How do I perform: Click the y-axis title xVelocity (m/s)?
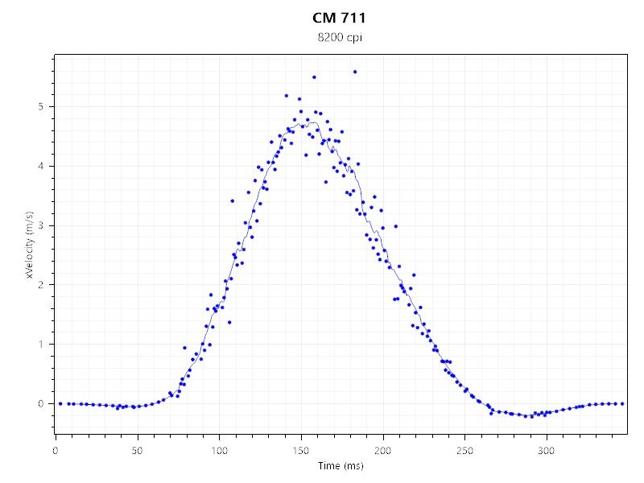click(30, 245)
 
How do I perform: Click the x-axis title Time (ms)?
click(339, 466)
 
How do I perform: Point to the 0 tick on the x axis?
click(55, 449)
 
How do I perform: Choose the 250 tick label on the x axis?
click(465, 449)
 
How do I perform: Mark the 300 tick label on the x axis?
click(547, 449)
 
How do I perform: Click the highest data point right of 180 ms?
click(355, 72)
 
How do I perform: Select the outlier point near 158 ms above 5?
click(314, 77)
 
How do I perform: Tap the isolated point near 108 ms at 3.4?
click(232, 200)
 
